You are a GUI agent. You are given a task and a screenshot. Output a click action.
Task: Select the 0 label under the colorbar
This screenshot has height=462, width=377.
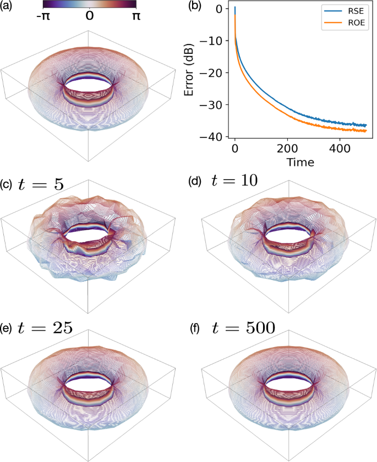[x=89, y=16]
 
